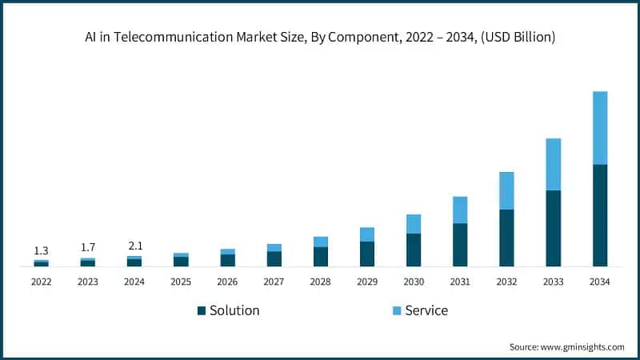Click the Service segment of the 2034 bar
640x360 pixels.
599,128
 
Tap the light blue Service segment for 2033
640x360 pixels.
553,164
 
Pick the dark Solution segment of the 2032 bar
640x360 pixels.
506,238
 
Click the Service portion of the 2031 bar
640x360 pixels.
460,210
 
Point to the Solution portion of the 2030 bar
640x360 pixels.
414,250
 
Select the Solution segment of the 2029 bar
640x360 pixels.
367,254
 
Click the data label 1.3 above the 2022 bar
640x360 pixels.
41,251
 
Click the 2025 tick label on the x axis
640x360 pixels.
181,282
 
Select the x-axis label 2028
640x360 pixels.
320,282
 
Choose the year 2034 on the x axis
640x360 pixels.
599,282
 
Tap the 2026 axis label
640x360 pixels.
227,282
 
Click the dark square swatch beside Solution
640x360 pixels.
202,310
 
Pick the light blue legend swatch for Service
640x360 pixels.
397,310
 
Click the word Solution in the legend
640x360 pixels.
234,310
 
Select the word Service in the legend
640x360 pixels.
426,310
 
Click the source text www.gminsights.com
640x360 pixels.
583,346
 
